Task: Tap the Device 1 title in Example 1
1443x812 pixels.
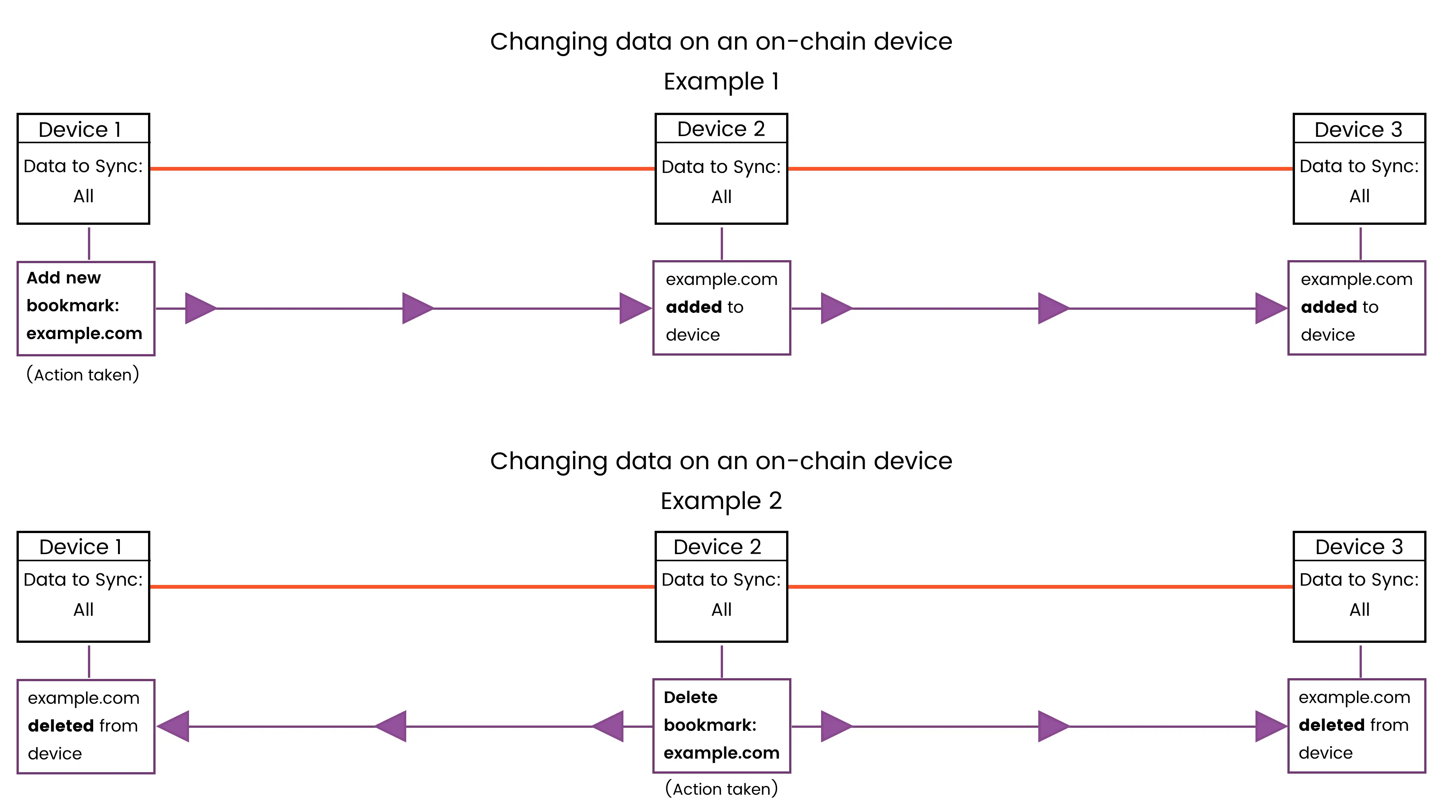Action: point(80,129)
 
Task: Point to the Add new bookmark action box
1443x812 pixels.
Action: point(86,308)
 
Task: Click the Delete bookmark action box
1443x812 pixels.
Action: point(721,726)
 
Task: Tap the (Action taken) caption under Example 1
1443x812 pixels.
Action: point(83,374)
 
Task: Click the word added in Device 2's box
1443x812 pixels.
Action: point(693,307)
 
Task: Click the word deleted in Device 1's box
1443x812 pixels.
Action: point(61,726)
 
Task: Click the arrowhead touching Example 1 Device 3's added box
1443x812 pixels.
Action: point(1269,308)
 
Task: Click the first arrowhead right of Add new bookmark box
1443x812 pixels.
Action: point(200,308)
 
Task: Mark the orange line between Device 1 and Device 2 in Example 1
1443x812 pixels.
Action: point(402,168)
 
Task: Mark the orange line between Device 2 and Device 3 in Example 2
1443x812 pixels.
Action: point(1040,587)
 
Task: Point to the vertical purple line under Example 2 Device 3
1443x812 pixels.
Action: point(1360,661)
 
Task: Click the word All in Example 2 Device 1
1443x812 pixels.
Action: point(83,610)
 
